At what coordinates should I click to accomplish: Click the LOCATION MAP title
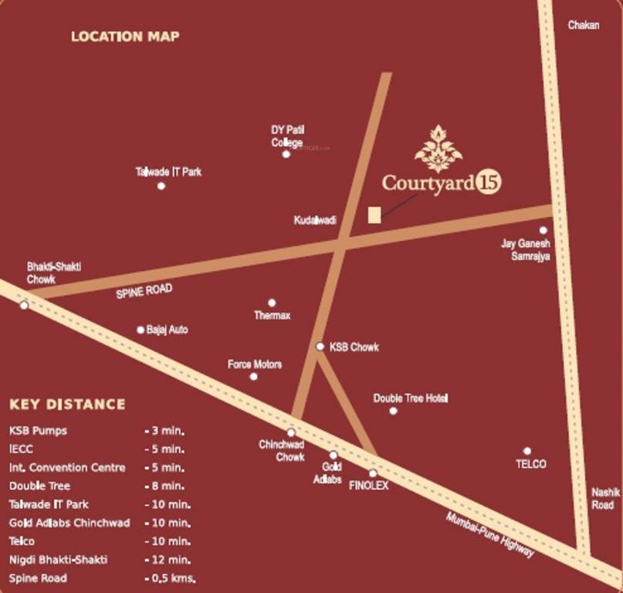[x=125, y=36]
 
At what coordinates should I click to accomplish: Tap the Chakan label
[x=583, y=25]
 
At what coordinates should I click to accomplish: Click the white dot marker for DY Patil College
[x=286, y=154]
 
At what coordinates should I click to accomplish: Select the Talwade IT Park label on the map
[x=168, y=171]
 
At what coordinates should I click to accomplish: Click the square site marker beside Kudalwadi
[x=374, y=215]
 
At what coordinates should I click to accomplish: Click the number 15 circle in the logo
[x=488, y=183]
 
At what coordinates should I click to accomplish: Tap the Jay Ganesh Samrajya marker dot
[x=543, y=230]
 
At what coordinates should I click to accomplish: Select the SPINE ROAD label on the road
[x=144, y=292]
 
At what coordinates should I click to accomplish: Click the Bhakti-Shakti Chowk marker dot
[x=24, y=306]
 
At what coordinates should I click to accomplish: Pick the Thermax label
[x=272, y=316]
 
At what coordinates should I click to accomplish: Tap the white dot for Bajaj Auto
[x=141, y=330]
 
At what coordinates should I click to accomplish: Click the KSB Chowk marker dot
[x=320, y=347]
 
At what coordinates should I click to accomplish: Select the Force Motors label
[x=255, y=364]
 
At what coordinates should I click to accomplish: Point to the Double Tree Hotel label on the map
[x=411, y=398]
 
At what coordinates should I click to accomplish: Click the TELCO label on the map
[x=530, y=464]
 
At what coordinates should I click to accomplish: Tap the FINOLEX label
[x=369, y=486]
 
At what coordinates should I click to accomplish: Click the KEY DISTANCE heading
[x=67, y=405]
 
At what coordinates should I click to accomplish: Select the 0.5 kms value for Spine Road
[x=170, y=578]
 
